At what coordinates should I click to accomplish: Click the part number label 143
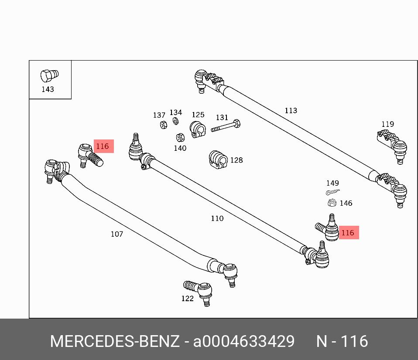point(48,89)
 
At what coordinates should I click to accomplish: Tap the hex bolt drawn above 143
point(48,76)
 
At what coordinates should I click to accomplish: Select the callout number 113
point(291,111)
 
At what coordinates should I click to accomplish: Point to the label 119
point(387,124)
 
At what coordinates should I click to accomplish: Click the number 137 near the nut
point(159,115)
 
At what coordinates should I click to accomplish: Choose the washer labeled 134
point(175,121)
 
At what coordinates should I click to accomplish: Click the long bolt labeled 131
point(226,127)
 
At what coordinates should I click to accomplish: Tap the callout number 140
point(180,148)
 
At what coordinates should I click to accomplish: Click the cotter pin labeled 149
point(332,192)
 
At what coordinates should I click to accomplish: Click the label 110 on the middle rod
point(217,218)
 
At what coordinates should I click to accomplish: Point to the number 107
point(116,234)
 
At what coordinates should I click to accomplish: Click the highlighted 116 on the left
point(103,146)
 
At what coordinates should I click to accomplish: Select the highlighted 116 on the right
point(348,233)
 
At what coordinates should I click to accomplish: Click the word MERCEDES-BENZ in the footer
point(114,341)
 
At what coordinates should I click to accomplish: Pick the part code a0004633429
point(243,341)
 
